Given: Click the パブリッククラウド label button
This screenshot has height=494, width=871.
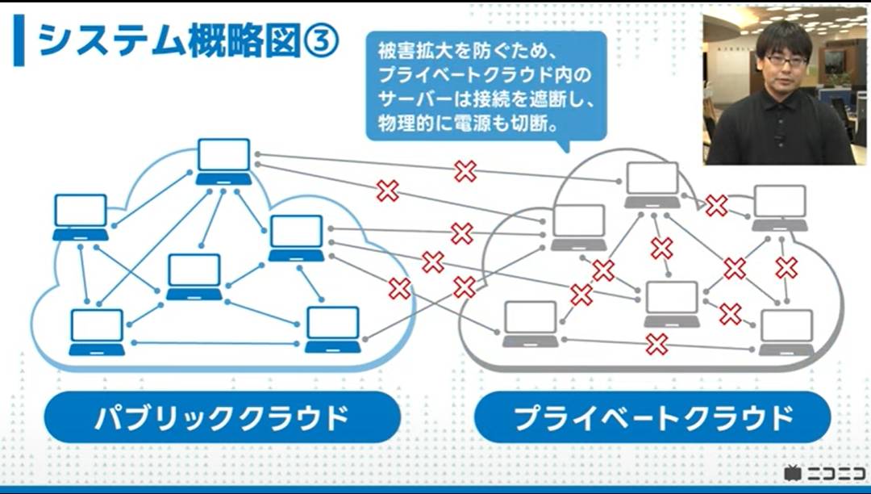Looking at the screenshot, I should (x=222, y=417).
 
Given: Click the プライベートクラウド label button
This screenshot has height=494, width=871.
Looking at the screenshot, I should (x=652, y=417).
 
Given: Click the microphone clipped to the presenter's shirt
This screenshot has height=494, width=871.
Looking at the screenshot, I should (x=779, y=136).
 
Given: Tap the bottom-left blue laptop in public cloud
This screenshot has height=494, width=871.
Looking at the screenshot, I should (x=97, y=332).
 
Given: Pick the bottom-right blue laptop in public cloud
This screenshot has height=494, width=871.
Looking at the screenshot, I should (x=333, y=329).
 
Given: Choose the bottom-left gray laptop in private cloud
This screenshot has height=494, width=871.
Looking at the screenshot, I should (x=530, y=323).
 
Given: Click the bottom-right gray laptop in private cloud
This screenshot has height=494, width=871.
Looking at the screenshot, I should (x=786, y=331).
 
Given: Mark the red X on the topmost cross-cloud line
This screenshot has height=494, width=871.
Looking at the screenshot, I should (x=465, y=170).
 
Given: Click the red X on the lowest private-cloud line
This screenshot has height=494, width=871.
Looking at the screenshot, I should (x=656, y=345).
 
